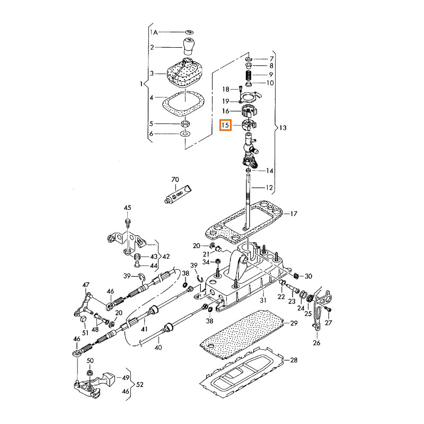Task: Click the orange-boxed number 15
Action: point(226,126)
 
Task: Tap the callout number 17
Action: point(294,214)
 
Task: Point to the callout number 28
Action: point(294,360)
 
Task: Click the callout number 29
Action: point(294,323)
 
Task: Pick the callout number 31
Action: point(263,301)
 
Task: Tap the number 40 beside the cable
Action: point(157,348)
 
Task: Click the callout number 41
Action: point(144,329)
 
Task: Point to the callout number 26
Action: point(317,342)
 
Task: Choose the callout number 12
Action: point(270,188)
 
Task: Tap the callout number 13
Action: point(282,128)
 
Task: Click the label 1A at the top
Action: point(155,32)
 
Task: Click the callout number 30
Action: point(308,276)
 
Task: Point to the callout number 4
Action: point(152,98)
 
